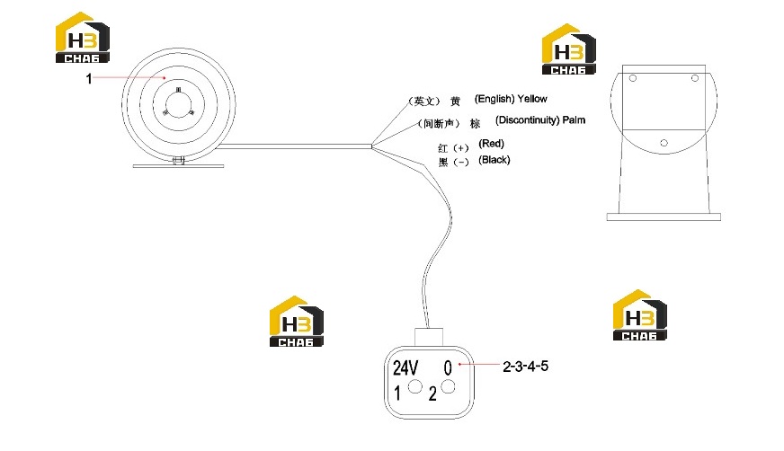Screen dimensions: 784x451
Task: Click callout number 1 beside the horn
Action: [x=89, y=79]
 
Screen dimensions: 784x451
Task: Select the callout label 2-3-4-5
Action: [x=525, y=366]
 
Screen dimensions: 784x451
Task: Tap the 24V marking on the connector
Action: [x=405, y=368]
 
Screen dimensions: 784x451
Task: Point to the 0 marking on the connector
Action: [x=448, y=368]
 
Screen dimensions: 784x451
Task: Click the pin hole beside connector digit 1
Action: [x=415, y=386]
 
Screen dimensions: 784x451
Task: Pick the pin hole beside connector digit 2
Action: [x=448, y=386]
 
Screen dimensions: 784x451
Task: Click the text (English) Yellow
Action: [x=511, y=99]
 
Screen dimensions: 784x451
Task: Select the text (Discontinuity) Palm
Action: [x=540, y=120]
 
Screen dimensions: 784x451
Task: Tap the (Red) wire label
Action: [x=491, y=144]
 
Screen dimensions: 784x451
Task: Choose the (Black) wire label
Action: [x=494, y=160]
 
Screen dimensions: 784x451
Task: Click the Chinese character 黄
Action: [x=455, y=102]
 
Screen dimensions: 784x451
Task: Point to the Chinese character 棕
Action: [x=475, y=123]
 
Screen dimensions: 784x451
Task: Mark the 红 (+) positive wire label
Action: [x=453, y=148]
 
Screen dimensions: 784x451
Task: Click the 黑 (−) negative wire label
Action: [x=453, y=163]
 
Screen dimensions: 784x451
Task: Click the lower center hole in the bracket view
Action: [x=664, y=143]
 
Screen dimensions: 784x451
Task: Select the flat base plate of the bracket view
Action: [x=664, y=217]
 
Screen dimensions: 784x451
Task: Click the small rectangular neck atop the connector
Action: [x=429, y=337]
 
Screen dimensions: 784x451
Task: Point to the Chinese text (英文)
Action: [x=424, y=102]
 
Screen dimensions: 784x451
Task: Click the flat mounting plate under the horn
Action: [x=178, y=166]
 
